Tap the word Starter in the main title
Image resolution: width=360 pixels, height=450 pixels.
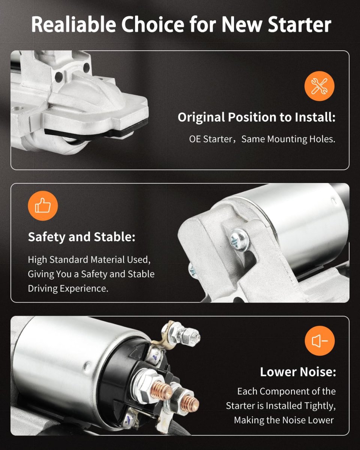pos(300,24)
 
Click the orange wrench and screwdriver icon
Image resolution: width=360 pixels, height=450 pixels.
pos(319,86)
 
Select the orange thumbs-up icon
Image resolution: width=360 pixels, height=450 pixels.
pos(43,206)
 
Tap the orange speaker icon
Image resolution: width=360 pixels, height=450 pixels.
pos(319,340)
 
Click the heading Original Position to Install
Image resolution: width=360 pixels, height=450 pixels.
pos(256,117)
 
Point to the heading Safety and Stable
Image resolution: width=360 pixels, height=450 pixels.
pos(82,237)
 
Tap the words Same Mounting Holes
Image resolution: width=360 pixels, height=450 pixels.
pos(288,139)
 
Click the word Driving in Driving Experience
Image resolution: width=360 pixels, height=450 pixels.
pos(43,289)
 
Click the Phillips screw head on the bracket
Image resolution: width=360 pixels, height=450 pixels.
pos(240,240)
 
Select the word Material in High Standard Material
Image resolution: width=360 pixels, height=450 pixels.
pos(108,260)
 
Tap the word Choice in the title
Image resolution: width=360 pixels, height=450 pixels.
pos(153,24)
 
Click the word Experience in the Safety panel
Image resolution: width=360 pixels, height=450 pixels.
pos(84,289)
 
